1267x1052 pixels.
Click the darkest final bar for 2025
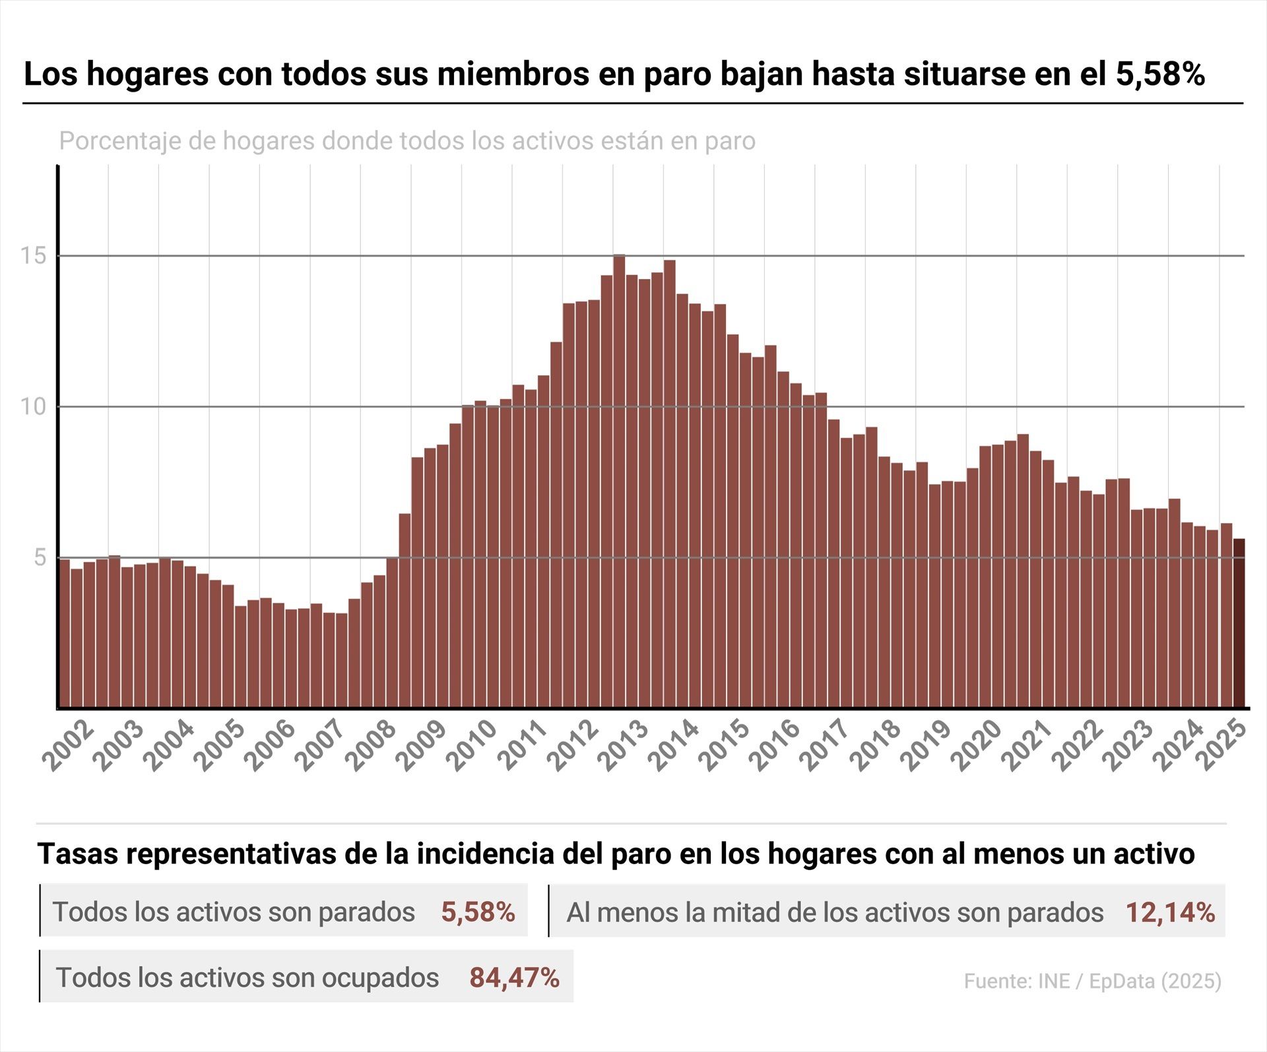coord(1239,623)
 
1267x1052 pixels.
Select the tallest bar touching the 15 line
coord(618,481)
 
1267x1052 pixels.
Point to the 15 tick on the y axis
coord(33,255)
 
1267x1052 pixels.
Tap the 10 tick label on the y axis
coord(33,406)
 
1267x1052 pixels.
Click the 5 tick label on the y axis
coord(40,557)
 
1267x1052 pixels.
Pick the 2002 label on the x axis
coord(69,746)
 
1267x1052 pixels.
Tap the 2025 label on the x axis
coord(1224,746)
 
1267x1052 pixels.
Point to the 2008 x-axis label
coord(372,746)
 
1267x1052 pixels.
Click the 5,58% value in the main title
coord(1160,74)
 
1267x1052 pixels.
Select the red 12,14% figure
coord(1169,912)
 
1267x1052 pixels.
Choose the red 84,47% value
coord(514,977)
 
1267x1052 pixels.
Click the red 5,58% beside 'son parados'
coord(478,912)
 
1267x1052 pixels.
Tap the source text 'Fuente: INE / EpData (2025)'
coord(1092,981)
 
